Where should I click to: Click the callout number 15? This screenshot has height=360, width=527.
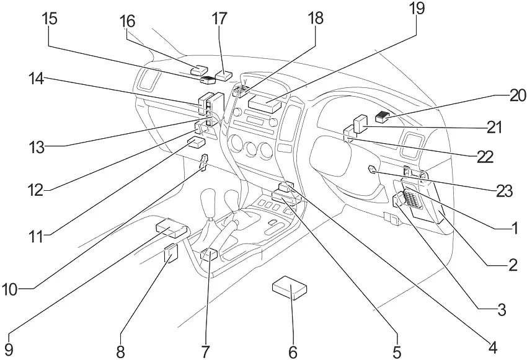[x=50, y=18]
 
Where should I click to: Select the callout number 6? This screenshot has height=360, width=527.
[x=293, y=351]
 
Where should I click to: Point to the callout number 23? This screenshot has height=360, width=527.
[x=504, y=190]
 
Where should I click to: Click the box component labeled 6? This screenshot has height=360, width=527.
[x=290, y=288]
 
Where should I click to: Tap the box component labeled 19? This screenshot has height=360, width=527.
[x=266, y=102]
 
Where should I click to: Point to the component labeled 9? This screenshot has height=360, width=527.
[x=170, y=228]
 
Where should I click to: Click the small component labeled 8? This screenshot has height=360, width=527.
[x=170, y=253]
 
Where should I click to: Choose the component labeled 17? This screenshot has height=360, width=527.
[x=224, y=75]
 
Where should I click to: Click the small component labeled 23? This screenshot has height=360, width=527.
[x=371, y=170]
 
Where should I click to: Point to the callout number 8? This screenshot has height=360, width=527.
[x=120, y=351]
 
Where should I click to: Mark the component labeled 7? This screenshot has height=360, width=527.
[x=209, y=253]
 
